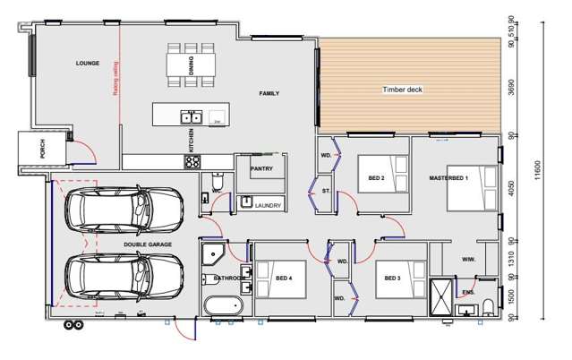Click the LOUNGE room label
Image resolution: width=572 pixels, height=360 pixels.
[86, 64]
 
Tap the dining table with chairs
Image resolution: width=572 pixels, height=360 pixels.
[190, 64]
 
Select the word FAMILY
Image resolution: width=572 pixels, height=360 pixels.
[269, 93]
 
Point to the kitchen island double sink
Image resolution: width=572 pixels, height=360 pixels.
[191, 116]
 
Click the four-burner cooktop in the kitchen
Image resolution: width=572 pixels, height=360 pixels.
[192, 162]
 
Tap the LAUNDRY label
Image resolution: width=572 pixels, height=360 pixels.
[268, 205]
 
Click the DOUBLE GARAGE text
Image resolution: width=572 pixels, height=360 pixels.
[148, 243]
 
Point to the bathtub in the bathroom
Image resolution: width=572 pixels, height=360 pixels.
[223, 306]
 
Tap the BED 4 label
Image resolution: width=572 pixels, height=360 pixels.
[285, 279]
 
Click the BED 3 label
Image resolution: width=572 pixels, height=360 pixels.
[392, 279]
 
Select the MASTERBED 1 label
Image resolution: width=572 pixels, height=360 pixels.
[449, 178]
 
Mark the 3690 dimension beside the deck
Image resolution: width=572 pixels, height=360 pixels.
[511, 88]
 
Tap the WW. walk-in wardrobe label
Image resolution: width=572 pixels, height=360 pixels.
[467, 260]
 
